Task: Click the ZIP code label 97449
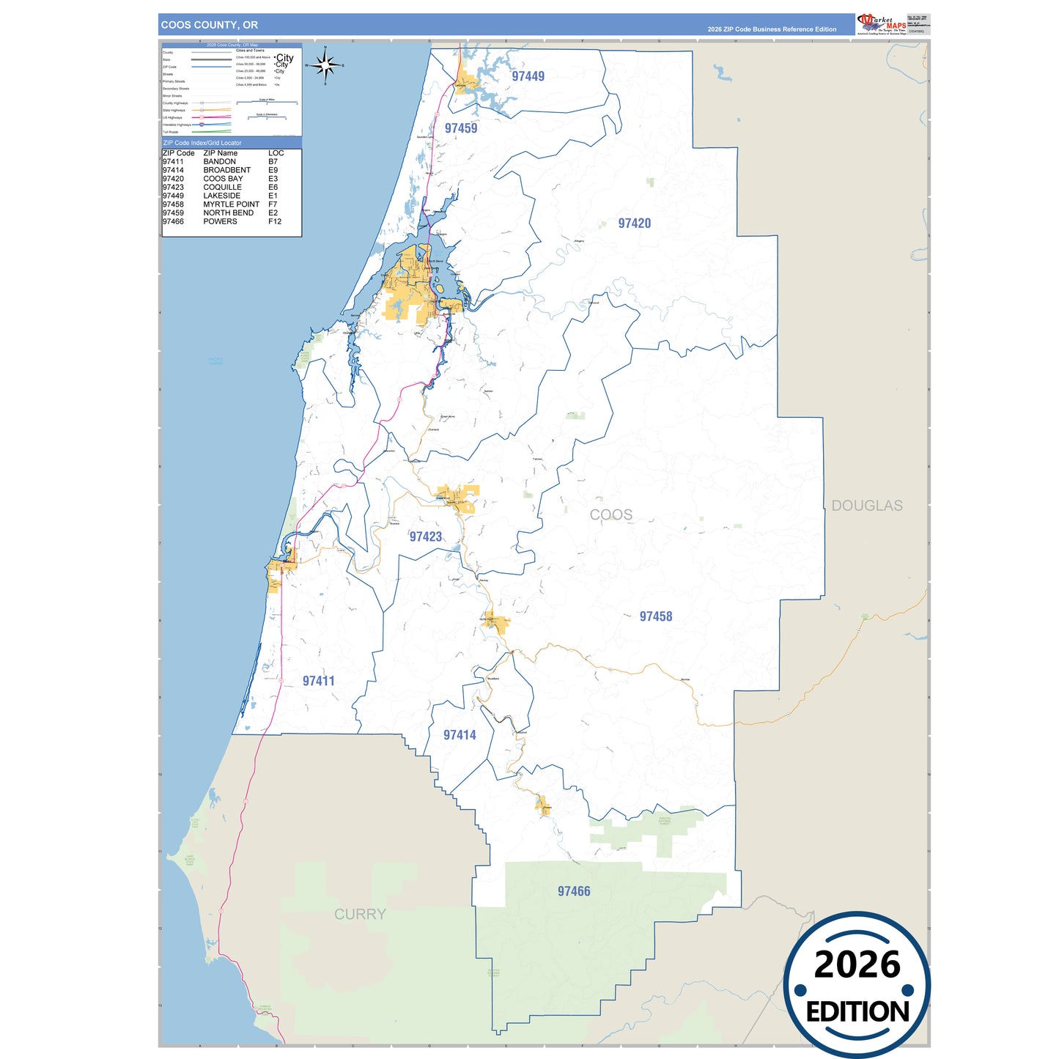click(x=528, y=76)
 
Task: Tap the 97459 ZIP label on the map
click(x=461, y=128)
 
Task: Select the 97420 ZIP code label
click(x=634, y=224)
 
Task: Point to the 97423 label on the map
click(x=425, y=536)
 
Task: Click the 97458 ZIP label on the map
click(x=655, y=616)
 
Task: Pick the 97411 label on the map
click(x=318, y=681)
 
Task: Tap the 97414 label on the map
click(x=460, y=735)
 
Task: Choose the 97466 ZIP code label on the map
click(x=573, y=891)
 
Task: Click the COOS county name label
click(x=610, y=514)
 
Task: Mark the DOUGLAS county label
click(x=866, y=506)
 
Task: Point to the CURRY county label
click(x=359, y=914)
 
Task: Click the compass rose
click(x=325, y=66)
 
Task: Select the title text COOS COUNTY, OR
click(x=210, y=25)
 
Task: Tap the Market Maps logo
click(x=882, y=23)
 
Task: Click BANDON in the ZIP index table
click(x=219, y=161)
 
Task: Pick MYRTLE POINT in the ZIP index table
click(x=231, y=204)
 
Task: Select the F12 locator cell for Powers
click(x=275, y=221)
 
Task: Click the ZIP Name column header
click(x=220, y=153)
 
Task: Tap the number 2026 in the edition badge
click(x=857, y=964)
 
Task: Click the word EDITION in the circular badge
click(x=857, y=1012)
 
